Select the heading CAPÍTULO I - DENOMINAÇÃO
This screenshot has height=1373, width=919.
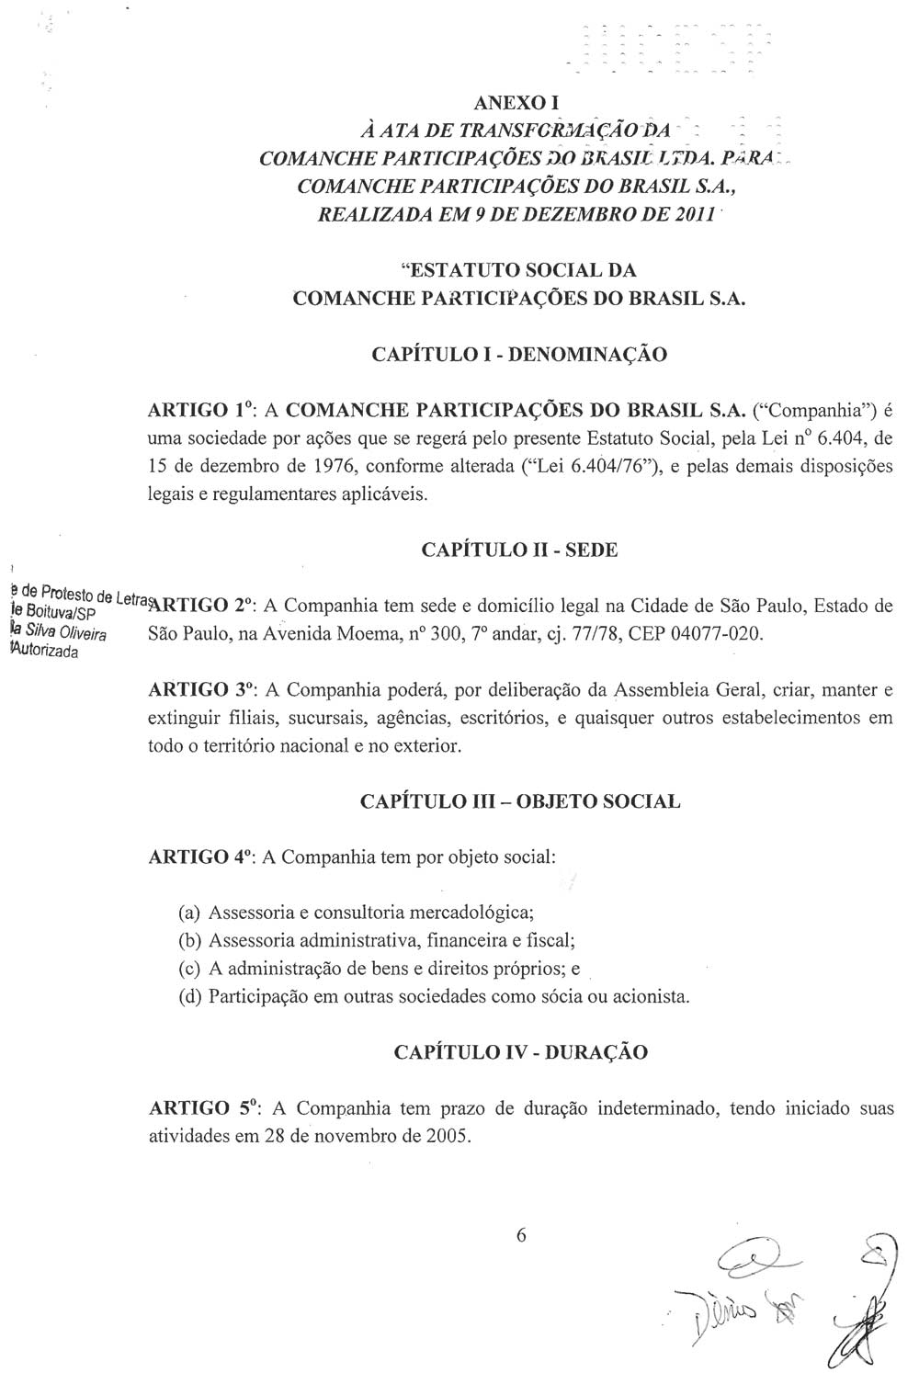point(520,354)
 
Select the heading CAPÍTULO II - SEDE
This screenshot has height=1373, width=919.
point(520,550)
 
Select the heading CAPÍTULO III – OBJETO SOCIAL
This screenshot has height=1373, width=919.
point(520,801)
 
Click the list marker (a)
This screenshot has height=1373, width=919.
point(189,913)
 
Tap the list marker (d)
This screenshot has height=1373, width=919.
point(189,996)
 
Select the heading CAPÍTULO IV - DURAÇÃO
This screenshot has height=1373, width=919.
point(520,1052)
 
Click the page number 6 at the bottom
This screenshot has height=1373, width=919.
point(521,1236)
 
